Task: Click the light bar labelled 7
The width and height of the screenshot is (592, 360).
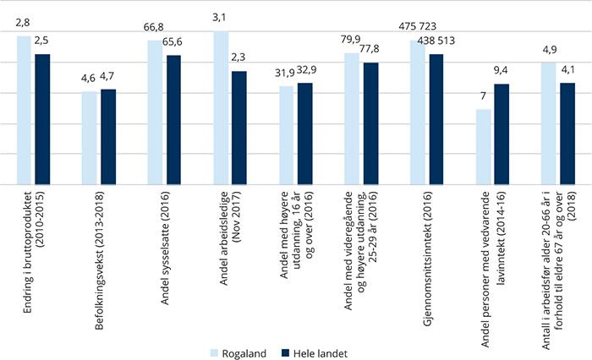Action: pos(484,146)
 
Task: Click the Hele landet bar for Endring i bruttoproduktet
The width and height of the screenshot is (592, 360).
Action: pos(42,119)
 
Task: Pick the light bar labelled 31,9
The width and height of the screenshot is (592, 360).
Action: pos(287,135)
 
